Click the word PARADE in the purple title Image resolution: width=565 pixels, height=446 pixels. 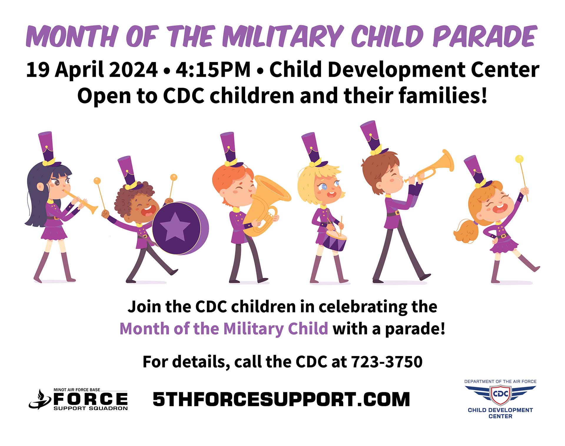pyautogui.click(x=485, y=36)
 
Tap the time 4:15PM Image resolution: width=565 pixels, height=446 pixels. pyautogui.click(x=213, y=70)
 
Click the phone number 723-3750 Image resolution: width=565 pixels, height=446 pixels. pyautogui.click(x=387, y=362)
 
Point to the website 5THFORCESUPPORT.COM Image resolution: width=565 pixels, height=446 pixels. pyautogui.click(x=281, y=399)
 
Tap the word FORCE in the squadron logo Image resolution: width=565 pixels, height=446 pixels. pyautogui.click(x=91, y=399)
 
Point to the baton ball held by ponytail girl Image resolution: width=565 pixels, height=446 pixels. pyautogui.click(x=519, y=159)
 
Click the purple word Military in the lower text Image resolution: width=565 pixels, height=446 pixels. pyautogui.click(x=254, y=329)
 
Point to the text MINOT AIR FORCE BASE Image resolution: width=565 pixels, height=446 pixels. pyautogui.click(x=77, y=390)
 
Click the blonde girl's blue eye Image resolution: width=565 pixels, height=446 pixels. pyautogui.click(x=324, y=187)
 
